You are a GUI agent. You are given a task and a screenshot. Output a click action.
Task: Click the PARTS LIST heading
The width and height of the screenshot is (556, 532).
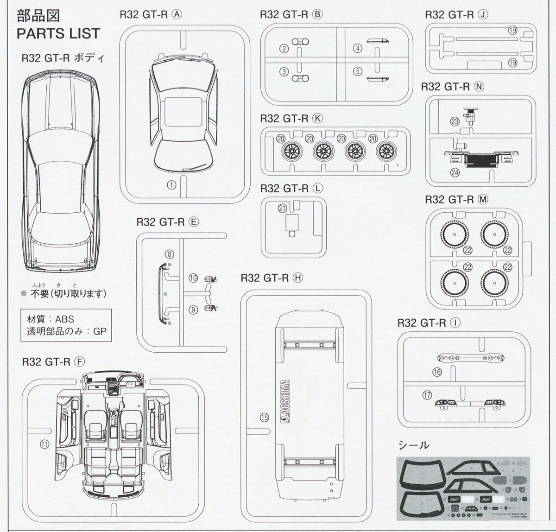(58, 33)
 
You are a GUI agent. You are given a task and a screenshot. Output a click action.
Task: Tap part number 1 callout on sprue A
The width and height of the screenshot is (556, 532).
(171, 185)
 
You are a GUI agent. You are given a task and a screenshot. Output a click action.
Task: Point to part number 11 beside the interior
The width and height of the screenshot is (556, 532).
(44, 443)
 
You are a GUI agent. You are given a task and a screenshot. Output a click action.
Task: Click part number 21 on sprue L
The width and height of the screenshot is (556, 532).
(282, 209)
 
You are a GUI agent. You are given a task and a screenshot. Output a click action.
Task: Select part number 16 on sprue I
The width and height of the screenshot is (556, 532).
(437, 372)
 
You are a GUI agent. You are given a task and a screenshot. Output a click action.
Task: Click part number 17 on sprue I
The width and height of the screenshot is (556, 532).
(427, 395)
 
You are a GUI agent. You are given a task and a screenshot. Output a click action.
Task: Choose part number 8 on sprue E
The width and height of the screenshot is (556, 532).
(170, 254)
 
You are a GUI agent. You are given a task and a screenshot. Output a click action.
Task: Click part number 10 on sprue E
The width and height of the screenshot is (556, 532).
(193, 278)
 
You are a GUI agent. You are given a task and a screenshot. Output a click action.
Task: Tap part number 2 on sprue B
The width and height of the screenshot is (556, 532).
(284, 49)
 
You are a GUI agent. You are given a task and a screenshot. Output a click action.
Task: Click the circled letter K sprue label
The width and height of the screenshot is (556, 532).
(317, 118)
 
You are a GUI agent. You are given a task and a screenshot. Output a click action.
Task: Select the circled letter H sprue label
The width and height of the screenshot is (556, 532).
(297, 278)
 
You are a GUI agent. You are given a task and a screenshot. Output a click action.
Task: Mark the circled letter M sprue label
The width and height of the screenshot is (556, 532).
(483, 199)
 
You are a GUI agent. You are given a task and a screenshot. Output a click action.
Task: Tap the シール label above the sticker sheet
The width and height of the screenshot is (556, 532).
(413, 445)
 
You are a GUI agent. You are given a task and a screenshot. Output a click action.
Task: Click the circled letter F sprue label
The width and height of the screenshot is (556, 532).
(79, 362)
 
